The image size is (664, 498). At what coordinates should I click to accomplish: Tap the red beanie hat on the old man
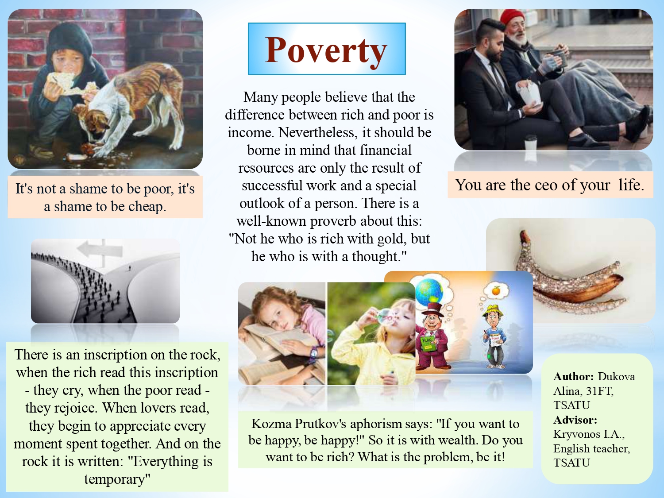pyautogui.click(x=512, y=17)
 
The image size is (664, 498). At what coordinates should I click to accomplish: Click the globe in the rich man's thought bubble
pyautogui.click(x=429, y=291)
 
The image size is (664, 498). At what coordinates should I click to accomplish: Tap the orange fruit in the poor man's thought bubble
pyautogui.click(x=496, y=291)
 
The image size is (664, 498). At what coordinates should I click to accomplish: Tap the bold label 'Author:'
pyautogui.click(x=574, y=377)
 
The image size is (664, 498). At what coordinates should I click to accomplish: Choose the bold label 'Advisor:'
pyautogui.click(x=575, y=420)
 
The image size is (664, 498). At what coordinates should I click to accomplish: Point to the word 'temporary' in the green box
pyautogui.click(x=117, y=479)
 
